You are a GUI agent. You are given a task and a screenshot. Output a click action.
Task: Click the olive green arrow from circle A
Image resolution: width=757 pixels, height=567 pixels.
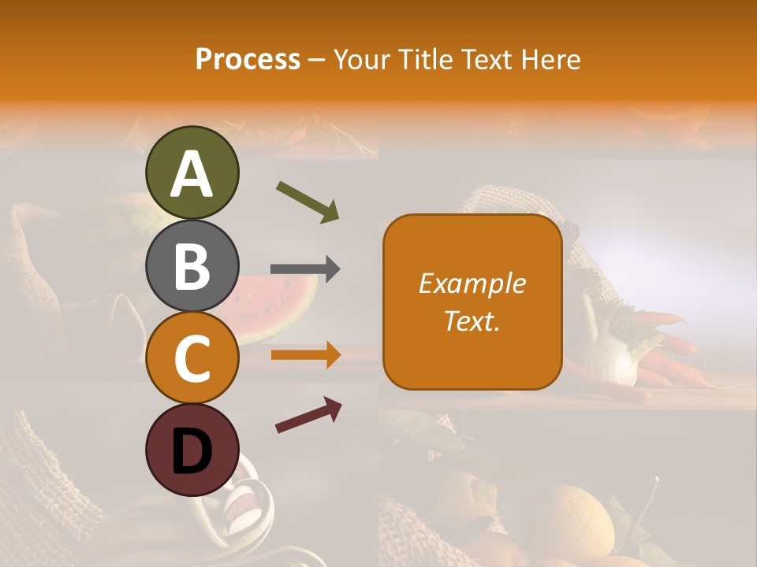(x=308, y=201)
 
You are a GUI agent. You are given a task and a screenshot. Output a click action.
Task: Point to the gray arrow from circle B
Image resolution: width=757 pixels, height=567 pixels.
(x=305, y=269)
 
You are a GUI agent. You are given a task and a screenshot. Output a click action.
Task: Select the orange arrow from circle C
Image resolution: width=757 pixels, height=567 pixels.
(x=306, y=355)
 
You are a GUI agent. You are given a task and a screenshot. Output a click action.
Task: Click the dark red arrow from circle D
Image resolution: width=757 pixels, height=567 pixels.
(x=308, y=415)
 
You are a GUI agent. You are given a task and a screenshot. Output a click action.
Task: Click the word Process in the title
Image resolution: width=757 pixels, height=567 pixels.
(x=248, y=59)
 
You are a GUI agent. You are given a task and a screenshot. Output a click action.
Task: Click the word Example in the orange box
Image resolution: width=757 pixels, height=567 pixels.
(x=472, y=283)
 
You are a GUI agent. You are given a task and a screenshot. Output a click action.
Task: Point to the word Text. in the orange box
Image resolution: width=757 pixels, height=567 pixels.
(x=472, y=321)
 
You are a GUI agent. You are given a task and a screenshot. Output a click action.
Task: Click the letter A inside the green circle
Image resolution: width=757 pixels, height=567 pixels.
(x=192, y=173)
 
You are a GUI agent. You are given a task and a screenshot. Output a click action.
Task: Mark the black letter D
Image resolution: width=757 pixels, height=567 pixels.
(x=192, y=452)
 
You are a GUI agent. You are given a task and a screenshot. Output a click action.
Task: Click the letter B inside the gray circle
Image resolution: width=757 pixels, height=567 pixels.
(x=192, y=266)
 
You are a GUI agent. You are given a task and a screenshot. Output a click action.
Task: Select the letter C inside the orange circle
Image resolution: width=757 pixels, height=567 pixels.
(x=192, y=359)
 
